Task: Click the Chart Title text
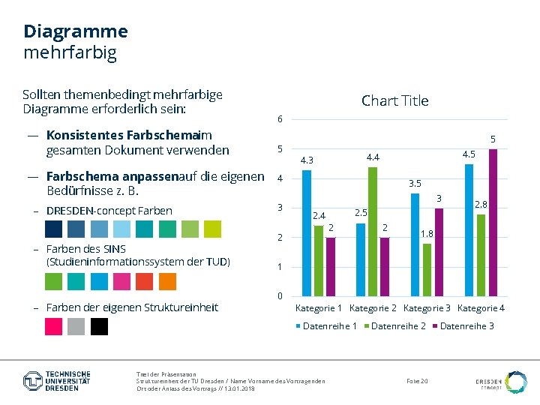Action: [x=394, y=100]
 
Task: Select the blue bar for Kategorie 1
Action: [x=307, y=232]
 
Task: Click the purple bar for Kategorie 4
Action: [x=493, y=222]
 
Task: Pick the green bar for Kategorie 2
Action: [x=373, y=231]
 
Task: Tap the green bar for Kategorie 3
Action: [x=427, y=269]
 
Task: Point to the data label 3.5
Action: [x=415, y=183]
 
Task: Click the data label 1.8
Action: [x=427, y=234]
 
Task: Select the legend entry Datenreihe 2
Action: [x=398, y=325]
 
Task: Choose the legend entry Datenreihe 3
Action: [x=466, y=325]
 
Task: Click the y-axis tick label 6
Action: [x=280, y=120]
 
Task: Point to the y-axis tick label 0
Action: [x=280, y=296]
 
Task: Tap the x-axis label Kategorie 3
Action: [x=427, y=308]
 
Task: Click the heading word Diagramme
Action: [x=76, y=31]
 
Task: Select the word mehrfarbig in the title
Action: [x=70, y=53]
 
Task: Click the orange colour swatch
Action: [x=167, y=281]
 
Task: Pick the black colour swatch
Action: [x=100, y=326]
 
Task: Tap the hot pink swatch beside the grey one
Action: [x=54, y=326]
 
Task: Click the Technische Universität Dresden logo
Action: [x=57, y=380]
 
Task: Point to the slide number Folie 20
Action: [x=417, y=382]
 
